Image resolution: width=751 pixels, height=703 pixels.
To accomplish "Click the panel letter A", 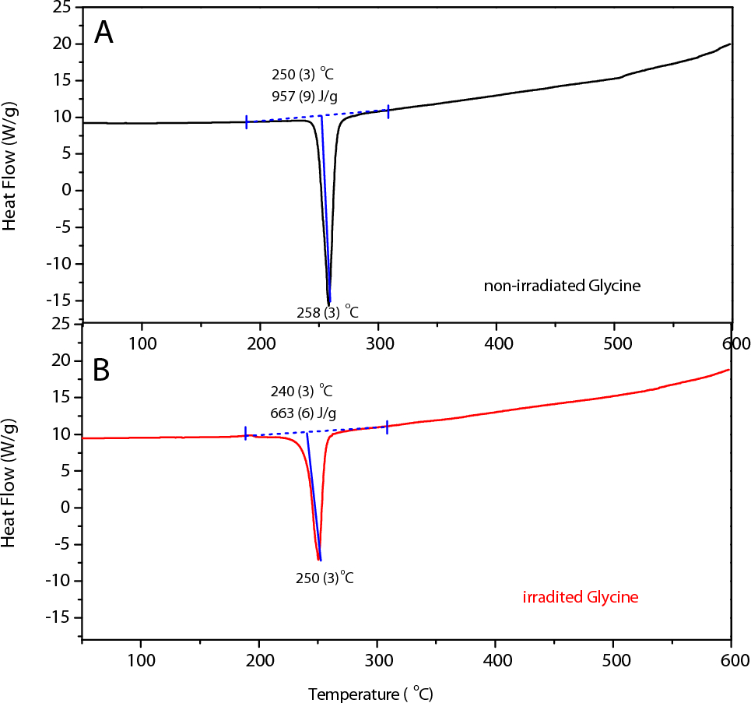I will click(104, 33).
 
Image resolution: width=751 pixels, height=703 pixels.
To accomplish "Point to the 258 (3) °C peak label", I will click(327, 312).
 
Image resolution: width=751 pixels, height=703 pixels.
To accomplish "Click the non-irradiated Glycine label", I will click(562, 286).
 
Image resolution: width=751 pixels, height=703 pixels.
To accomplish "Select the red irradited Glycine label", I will click(581, 598).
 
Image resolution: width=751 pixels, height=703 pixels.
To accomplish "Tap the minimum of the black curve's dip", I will click(329, 303).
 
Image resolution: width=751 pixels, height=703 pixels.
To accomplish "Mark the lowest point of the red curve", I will click(319, 560).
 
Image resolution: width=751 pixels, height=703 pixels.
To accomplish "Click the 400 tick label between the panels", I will click(497, 343).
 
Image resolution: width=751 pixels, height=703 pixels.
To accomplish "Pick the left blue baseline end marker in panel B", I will click(246, 434).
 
